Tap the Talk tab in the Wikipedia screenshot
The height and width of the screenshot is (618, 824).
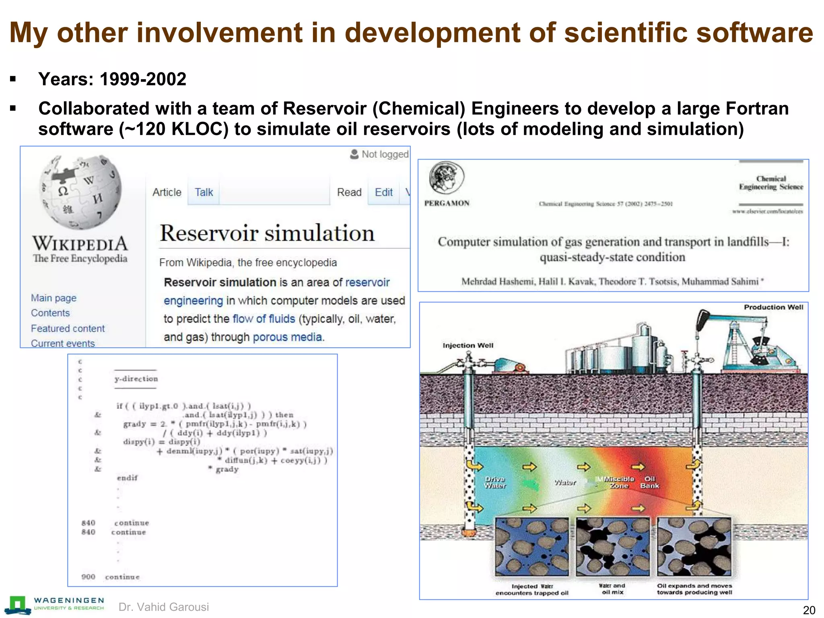pyautogui.click(x=204, y=192)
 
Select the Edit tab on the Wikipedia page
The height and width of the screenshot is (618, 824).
pyautogui.click(x=383, y=192)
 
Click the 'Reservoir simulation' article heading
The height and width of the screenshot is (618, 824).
pyautogui.click(x=267, y=233)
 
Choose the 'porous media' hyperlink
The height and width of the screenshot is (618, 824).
pyautogui.click(x=288, y=337)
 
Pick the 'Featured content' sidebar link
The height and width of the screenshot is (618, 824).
pyautogui.click(x=68, y=328)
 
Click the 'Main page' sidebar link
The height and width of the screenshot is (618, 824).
pyautogui.click(x=54, y=298)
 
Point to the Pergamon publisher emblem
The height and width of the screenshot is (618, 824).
pyautogui.click(x=447, y=178)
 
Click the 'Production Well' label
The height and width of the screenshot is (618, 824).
pyautogui.click(x=773, y=307)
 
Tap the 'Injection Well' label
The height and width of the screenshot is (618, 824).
pyautogui.click(x=468, y=345)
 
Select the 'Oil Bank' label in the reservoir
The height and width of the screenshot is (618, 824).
pyautogui.click(x=649, y=482)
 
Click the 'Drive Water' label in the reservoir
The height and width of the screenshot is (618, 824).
pyautogui.click(x=495, y=482)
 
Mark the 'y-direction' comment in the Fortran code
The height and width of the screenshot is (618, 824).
pyautogui.click(x=136, y=379)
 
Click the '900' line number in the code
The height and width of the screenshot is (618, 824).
pyautogui.click(x=88, y=577)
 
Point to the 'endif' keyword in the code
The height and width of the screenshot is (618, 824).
pyautogui.click(x=127, y=478)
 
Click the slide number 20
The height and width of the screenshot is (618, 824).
pyautogui.click(x=809, y=610)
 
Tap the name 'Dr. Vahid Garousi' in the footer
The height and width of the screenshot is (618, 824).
pyautogui.click(x=164, y=607)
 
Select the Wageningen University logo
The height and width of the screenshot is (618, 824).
pyautogui.click(x=56, y=605)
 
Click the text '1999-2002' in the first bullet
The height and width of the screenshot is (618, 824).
pyautogui.click(x=143, y=79)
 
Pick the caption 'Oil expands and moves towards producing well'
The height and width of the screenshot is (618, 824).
pyautogui.click(x=694, y=589)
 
